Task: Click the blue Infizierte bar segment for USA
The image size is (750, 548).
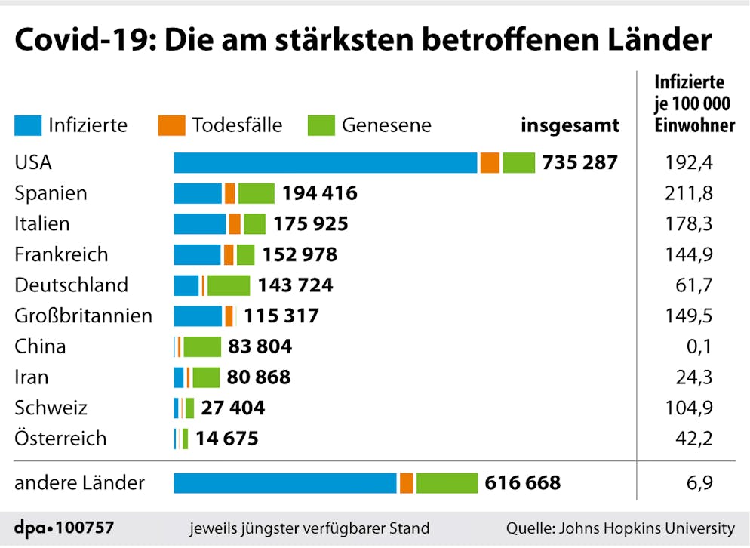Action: tap(325, 162)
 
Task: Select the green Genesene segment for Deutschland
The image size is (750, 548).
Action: tap(229, 285)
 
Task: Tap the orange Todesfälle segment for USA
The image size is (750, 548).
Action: tap(490, 162)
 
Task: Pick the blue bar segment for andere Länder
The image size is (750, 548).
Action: tap(285, 483)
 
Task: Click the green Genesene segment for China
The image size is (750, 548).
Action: tap(202, 346)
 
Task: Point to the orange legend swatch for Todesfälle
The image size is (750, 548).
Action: tap(171, 125)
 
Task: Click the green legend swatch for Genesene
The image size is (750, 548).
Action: tap(321, 125)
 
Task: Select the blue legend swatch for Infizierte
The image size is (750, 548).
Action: tap(27, 125)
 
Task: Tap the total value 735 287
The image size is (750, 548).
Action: tap(579, 162)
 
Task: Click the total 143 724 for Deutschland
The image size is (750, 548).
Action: tap(295, 285)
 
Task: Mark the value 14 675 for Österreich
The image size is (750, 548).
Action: tap(226, 439)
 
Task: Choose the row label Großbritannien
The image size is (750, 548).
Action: tap(83, 316)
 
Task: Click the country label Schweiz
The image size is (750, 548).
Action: tap(51, 408)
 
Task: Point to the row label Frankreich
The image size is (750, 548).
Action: tap(61, 254)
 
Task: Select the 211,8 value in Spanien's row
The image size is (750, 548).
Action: tap(693, 193)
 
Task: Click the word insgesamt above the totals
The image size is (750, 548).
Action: tap(570, 125)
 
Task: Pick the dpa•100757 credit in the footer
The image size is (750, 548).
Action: tap(64, 528)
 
